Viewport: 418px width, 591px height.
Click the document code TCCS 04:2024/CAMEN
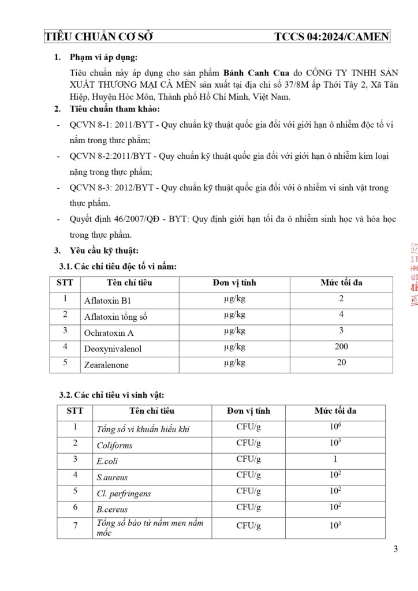coord(332,38)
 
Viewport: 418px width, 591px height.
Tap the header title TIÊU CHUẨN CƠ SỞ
coord(99,38)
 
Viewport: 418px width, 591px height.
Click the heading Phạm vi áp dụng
coord(104,57)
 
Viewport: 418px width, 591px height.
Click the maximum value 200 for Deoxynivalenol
coord(341,347)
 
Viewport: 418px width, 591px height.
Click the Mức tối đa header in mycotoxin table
coord(341,283)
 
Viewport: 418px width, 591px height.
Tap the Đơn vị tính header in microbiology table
coord(248,412)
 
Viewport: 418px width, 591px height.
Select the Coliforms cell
coord(114,446)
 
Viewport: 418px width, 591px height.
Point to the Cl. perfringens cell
coord(124,494)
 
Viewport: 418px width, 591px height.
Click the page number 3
coord(395,549)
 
